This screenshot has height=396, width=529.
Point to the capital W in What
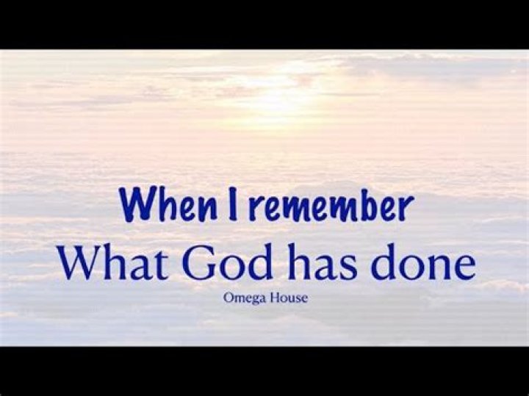(80, 262)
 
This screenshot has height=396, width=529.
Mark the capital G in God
(196, 262)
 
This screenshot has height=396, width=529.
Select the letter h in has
(293, 261)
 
